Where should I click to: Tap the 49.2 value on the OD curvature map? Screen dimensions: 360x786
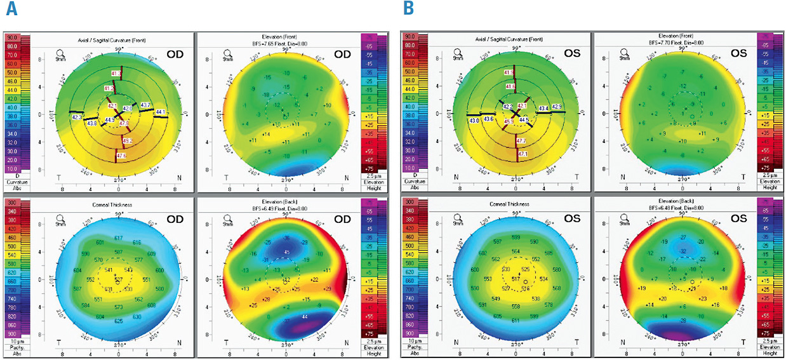pyautogui.click(x=127, y=140)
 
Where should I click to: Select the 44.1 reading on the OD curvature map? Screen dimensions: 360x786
pyautogui.click(x=160, y=112)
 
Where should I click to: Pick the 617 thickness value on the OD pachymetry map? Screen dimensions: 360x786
pyautogui.click(x=118, y=237)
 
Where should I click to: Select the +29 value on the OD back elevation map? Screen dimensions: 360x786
pyautogui.click(x=327, y=290)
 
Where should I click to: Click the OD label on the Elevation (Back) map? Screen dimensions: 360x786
pyautogui.click(x=342, y=219)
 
